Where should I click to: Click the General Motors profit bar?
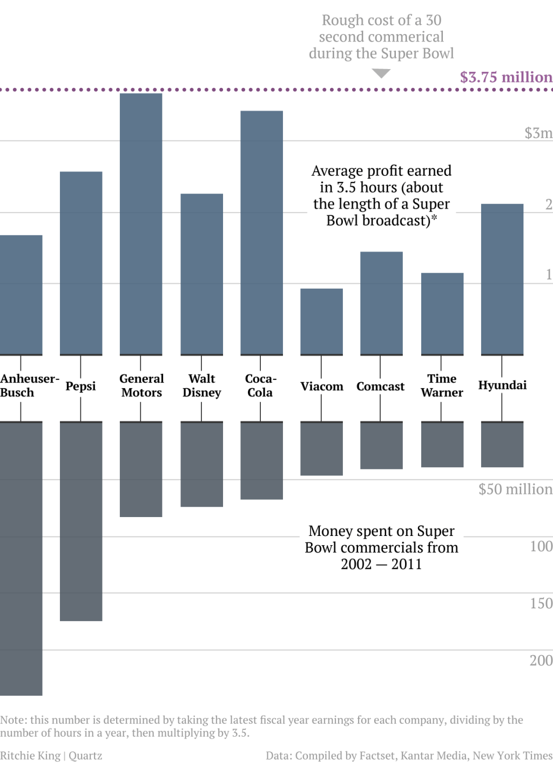coord(141,224)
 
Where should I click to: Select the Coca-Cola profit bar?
coord(261,233)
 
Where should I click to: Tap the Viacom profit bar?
coord(321,322)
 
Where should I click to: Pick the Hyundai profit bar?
coord(502,279)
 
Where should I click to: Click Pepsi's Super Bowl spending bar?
coord(81,521)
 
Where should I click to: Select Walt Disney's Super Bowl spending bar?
coord(201,464)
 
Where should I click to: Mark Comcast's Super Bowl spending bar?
coord(381,445)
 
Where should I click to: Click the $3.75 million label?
coord(505,77)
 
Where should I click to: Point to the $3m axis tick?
coord(538,133)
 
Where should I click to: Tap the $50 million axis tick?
coord(515,489)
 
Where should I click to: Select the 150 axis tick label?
coord(541,603)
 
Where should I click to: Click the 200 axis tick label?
coord(541,660)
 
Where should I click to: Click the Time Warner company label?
coord(442,385)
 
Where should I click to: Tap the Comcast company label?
coord(380,386)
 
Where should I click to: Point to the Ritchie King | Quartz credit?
coord(51,756)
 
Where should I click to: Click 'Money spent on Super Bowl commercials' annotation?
coord(381,547)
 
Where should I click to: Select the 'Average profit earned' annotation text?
coord(381,195)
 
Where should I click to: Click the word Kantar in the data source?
coord(416,756)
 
